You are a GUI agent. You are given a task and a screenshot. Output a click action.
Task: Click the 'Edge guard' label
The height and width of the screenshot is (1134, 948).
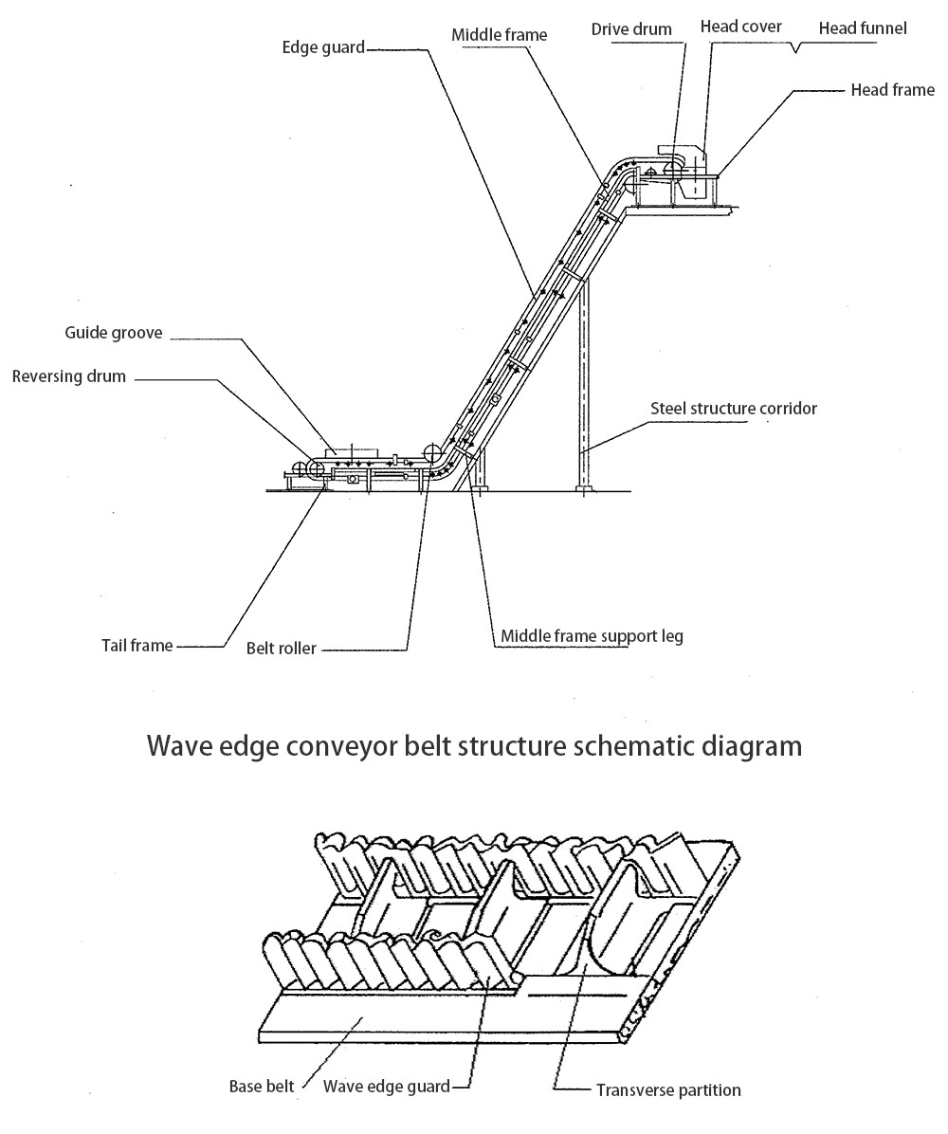(322, 46)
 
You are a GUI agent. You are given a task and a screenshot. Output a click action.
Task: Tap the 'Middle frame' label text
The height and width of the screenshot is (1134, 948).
(499, 35)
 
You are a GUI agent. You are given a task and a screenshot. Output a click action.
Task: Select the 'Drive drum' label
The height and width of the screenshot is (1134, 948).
(631, 28)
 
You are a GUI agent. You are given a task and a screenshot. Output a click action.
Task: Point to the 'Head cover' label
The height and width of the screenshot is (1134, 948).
(740, 27)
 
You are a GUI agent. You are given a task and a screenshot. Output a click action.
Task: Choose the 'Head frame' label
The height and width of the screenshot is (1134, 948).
(894, 91)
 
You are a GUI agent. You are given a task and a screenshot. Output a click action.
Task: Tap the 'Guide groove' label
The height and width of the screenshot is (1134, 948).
(114, 333)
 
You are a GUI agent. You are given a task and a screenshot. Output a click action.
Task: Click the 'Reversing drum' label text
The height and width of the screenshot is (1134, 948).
(68, 376)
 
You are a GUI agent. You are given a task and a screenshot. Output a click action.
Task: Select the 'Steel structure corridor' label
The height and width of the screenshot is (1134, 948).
(733, 409)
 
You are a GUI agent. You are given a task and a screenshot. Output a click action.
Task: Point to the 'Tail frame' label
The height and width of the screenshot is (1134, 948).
(137, 646)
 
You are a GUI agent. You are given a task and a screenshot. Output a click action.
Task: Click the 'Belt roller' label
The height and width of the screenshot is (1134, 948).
(281, 649)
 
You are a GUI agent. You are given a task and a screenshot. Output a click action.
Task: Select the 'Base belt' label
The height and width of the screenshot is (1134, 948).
(262, 1086)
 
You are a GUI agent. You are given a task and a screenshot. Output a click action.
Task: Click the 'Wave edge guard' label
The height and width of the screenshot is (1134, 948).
(387, 1086)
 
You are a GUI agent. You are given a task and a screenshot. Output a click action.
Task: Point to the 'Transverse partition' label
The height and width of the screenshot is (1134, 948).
(668, 1089)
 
